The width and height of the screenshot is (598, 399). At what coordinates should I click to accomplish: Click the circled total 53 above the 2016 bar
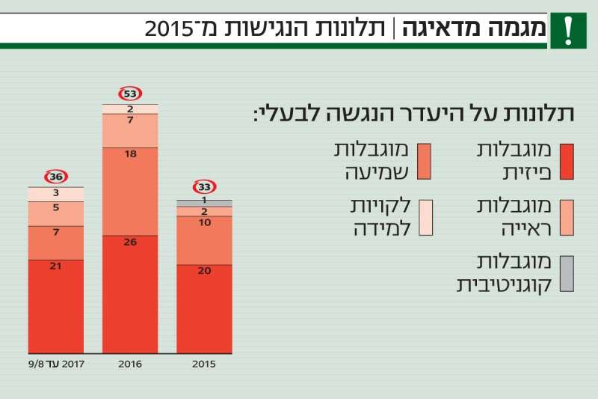click(130, 94)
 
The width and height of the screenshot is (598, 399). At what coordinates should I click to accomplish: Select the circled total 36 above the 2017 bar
click(56, 177)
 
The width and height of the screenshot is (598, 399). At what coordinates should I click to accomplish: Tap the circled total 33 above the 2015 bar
click(204, 187)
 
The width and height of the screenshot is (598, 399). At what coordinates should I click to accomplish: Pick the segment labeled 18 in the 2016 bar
click(130, 191)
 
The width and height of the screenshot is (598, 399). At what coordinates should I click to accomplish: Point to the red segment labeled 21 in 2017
click(56, 305)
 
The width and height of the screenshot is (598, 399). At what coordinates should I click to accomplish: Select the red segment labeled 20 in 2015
click(204, 308)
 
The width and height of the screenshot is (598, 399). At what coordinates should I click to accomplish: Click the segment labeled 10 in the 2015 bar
click(204, 240)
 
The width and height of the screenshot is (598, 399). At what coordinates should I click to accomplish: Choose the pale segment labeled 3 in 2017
click(56, 194)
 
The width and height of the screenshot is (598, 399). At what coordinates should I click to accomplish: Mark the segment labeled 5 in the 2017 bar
click(56, 213)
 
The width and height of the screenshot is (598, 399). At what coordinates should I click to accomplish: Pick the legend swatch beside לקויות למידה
click(426, 218)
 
